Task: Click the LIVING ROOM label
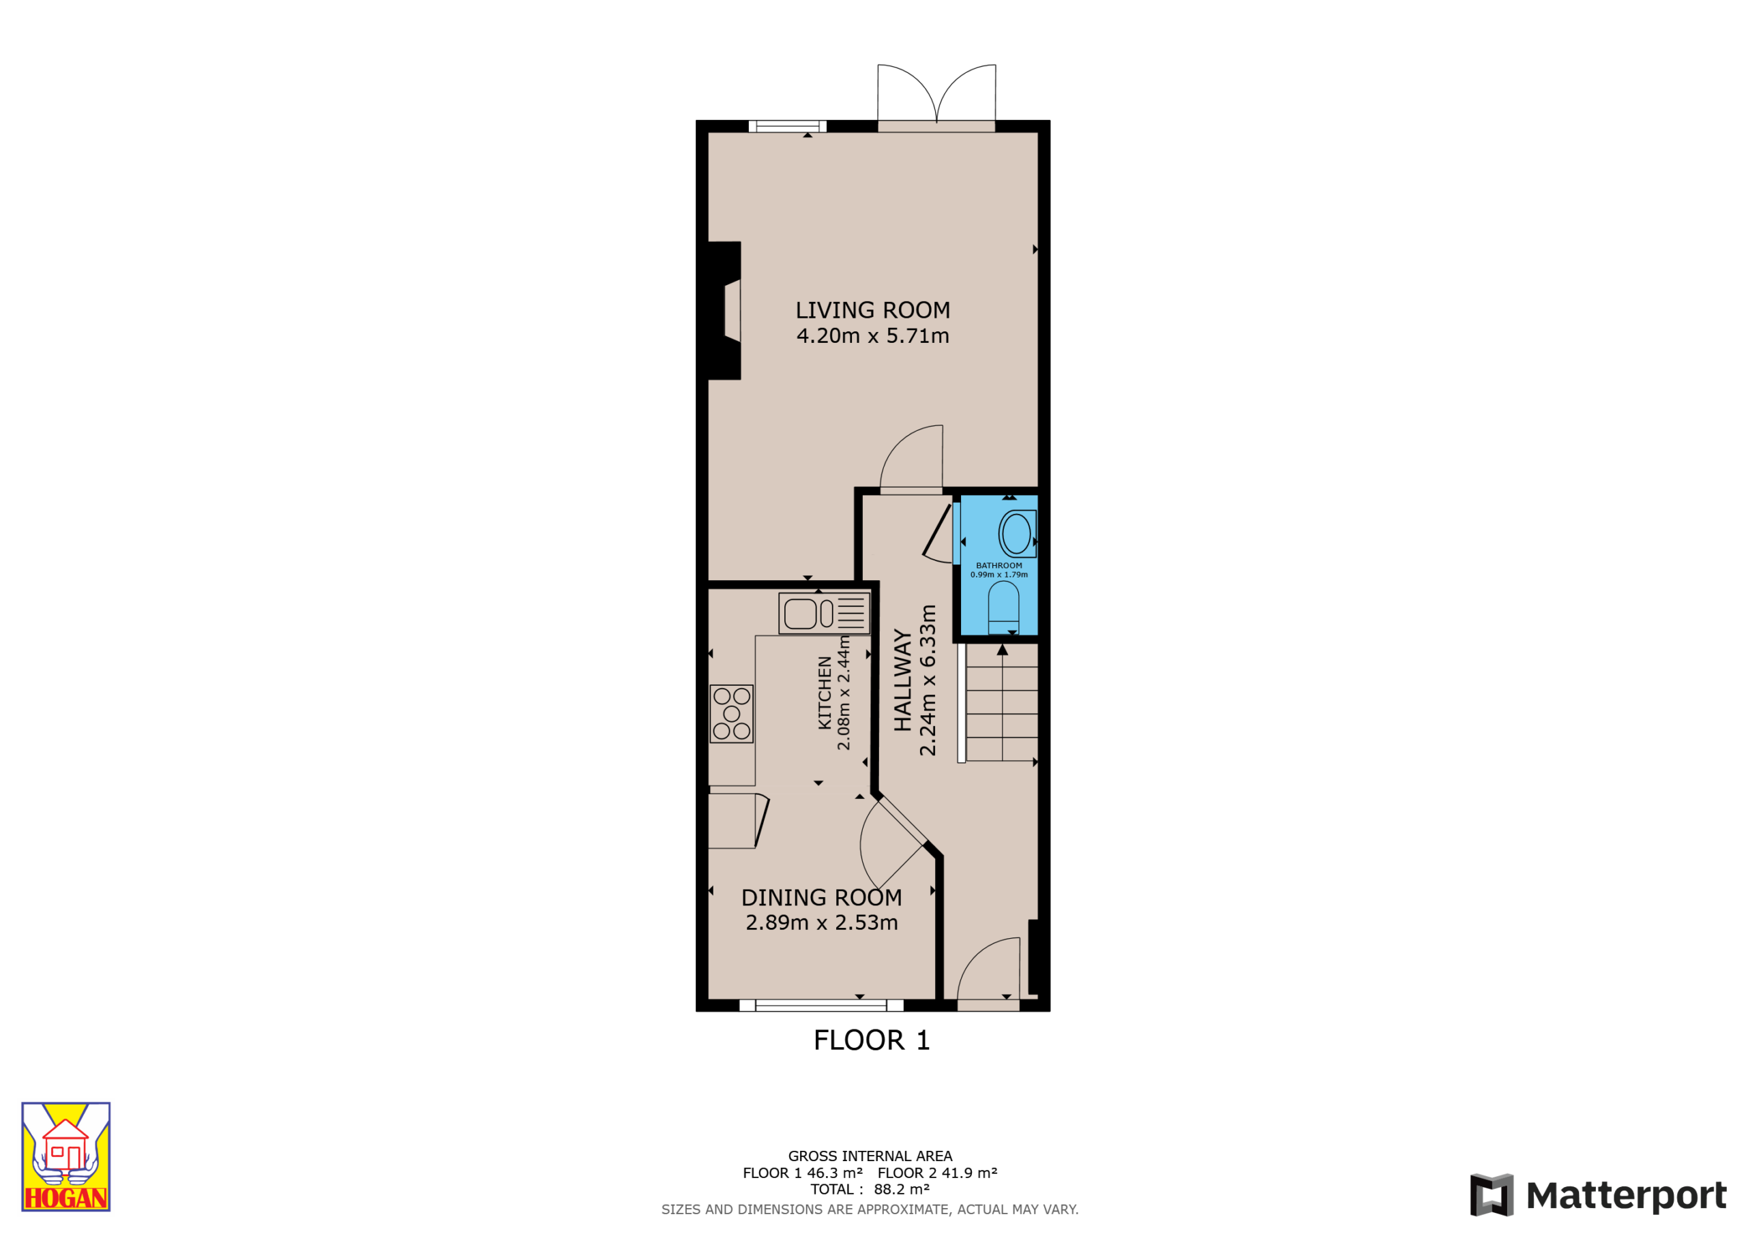(872, 310)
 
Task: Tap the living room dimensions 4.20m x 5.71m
(872, 335)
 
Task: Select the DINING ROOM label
(821, 898)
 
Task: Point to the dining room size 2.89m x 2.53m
(821, 923)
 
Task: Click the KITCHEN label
(825, 693)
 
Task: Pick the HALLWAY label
(902, 680)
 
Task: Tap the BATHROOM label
(998, 566)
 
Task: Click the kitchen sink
(825, 614)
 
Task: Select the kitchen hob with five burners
(732, 714)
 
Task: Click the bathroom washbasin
(1017, 534)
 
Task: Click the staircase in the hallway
(998, 702)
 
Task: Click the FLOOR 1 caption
(872, 1040)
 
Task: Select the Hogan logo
(66, 1156)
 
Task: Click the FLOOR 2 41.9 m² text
(937, 1173)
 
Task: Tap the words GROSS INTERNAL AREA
(870, 1156)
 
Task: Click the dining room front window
(821, 1005)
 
